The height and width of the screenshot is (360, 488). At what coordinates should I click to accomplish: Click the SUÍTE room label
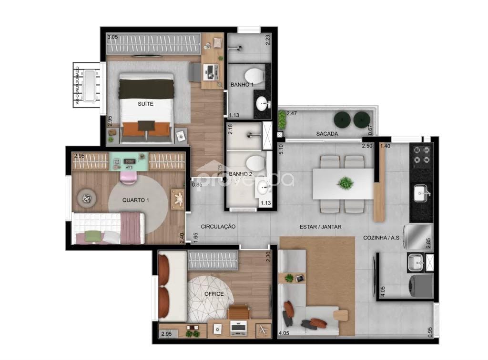146,104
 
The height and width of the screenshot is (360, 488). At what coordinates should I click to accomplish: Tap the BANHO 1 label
242,84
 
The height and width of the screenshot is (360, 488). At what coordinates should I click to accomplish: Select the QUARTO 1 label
136,200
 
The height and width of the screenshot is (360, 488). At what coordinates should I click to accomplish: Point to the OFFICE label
214,294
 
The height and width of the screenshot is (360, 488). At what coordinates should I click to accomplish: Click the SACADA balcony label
327,134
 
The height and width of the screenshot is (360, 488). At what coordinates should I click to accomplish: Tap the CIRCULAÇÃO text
218,227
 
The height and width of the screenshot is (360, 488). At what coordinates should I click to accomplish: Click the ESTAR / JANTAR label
321,227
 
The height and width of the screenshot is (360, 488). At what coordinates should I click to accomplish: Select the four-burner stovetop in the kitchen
421,156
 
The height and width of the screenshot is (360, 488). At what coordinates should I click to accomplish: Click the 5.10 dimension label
282,150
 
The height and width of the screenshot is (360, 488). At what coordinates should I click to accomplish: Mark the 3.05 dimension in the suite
112,37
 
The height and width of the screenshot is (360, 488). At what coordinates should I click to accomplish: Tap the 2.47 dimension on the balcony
292,114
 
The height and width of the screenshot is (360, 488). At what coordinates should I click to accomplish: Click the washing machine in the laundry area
421,284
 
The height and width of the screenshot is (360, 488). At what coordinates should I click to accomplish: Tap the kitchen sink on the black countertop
421,193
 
